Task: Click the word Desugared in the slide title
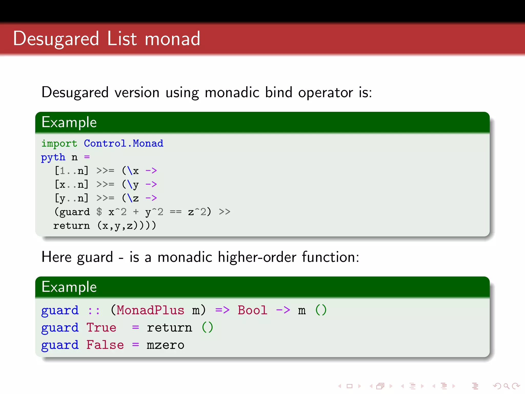pos(56,39)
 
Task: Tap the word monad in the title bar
pos(172,39)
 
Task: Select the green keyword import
pos(59,143)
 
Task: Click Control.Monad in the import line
pos(124,143)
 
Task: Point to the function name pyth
pos(53,157)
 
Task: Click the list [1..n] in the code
pos(72,171)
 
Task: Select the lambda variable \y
pos(133,184)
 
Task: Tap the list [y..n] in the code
pos(72,198)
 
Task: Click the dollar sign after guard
pos(99,212)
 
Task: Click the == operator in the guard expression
pos(176,212)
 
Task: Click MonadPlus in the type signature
pos(150,310)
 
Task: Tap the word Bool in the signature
pos(253,310)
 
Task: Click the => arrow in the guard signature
pos(222,310)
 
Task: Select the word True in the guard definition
pos(101,328)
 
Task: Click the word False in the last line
pos(105,345)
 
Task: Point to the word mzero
pos(165,345)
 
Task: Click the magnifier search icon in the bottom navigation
pos(506,386)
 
